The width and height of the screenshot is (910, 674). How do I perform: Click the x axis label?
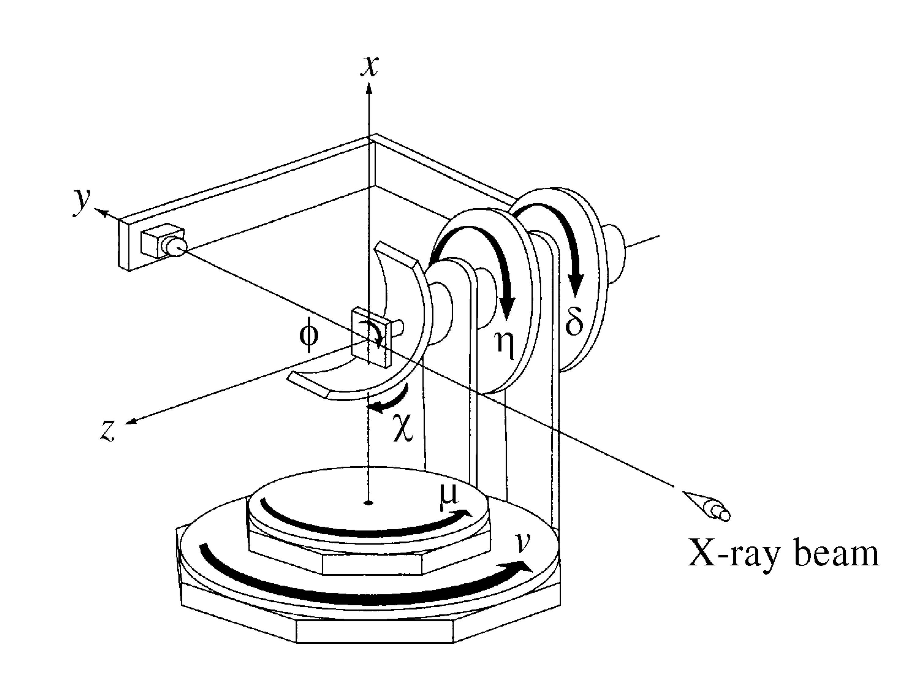(x=370, y=66)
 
